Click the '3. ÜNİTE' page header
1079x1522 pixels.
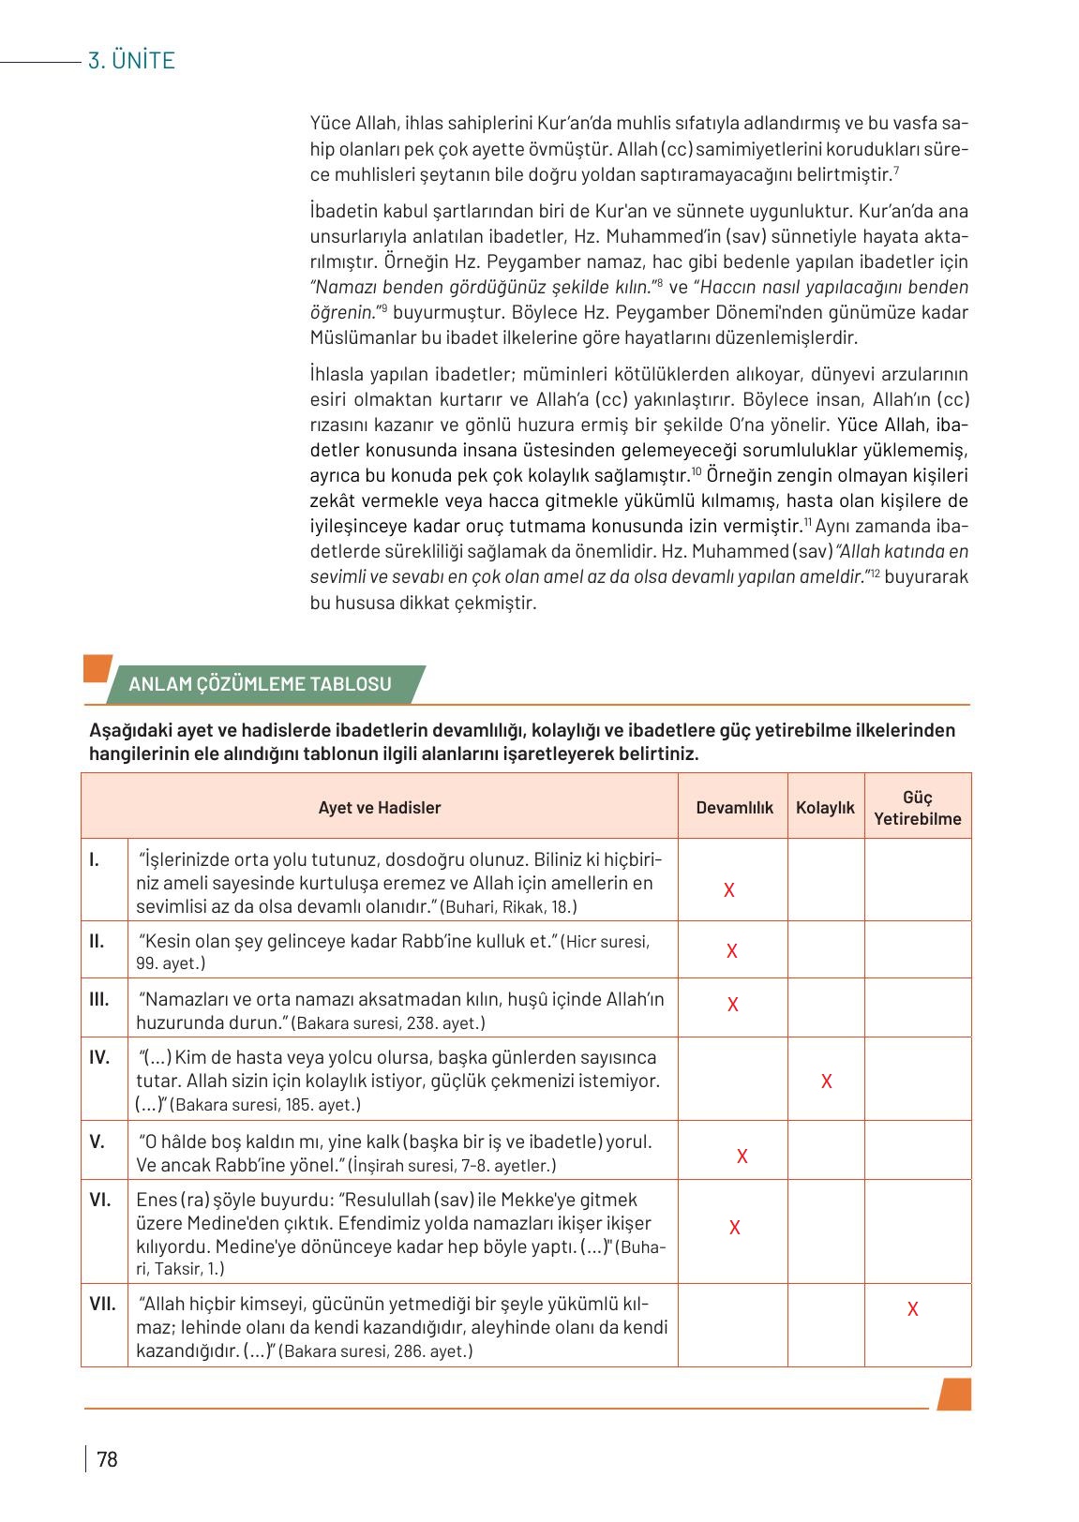click(131, 61)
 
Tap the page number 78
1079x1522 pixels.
click(107, 1459)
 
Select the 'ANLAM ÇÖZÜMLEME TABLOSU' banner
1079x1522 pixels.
click(260, 684)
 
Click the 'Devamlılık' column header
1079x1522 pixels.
click(734, 807)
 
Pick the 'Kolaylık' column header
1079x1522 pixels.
click(825, 807)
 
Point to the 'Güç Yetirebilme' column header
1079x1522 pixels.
click(917, 808)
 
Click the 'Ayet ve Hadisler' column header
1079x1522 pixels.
click(379, 807)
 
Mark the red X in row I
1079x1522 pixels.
click(729, 890)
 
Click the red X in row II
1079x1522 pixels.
click(732, 951)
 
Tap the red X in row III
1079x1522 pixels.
click(733, 1005)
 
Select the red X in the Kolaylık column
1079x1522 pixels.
click(826, 1082)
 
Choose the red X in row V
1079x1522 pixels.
click(742, 1156)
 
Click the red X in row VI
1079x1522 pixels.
click(735, 1228)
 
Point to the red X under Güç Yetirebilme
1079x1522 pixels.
click(912, 1309)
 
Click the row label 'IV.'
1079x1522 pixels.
click(99, 1057)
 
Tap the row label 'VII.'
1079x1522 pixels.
click(102, 1303)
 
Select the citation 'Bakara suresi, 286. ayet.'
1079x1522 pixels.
click(375, 1351)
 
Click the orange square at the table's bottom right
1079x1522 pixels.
click(953, 1394)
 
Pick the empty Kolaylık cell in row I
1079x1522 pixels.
click(825, 879)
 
